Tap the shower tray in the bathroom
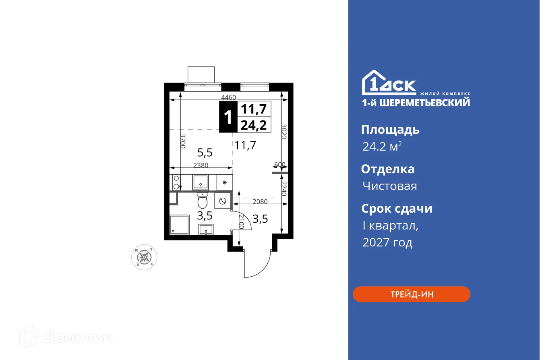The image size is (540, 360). (x=180, y=225)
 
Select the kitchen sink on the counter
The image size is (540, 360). (x=201, y=183)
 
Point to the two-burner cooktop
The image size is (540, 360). (x=176, y=183)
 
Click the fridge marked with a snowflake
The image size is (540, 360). (x=225, y=183)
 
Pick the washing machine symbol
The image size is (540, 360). (x=222, y=200)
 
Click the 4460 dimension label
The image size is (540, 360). (x=228, y=97)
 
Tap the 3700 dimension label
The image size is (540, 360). (x=183, y=141)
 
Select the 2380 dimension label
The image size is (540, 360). (x=201, y=165)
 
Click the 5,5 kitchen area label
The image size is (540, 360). (x=205, y=152)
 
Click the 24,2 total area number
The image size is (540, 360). (x=253, y=125)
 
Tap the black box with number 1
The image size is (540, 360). (x=228, y=117)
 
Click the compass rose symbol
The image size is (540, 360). (x=145, y=257)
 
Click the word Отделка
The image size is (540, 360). (x=387, y=169)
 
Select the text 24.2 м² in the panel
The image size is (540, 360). (x=382, y=147)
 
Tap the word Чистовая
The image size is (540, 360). (x=389, y=186)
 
